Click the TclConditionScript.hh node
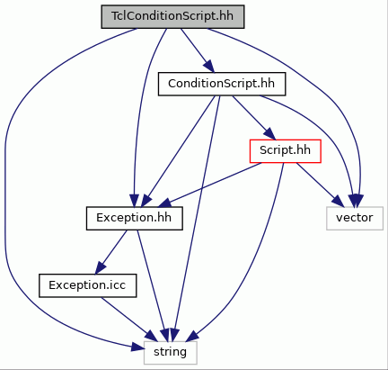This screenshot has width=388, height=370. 172,17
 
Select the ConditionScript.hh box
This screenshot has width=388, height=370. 222,84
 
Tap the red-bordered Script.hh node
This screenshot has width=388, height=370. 286,151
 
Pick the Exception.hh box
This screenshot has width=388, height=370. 135,219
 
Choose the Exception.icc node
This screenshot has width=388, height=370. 88,285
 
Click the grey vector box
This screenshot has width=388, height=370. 355,219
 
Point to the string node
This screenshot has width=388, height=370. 171,353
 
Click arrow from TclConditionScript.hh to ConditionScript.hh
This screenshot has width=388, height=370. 197,50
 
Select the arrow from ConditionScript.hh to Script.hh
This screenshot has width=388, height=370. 253,117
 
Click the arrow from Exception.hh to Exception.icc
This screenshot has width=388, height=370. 110,252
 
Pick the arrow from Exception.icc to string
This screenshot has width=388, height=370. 129,320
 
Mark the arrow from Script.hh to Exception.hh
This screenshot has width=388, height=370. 209,185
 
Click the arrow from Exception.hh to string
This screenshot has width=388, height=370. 153,285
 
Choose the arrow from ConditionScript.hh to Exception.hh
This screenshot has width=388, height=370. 178,151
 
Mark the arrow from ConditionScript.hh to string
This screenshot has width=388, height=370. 196,219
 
